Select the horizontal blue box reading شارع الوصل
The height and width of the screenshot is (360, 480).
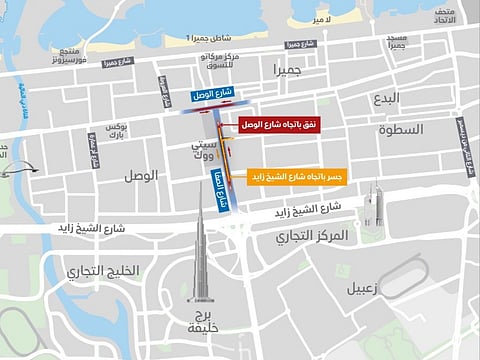tap(211, 95)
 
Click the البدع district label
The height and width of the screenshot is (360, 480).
tap(386, 99)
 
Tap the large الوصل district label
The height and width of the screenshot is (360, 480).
tap(141, 175)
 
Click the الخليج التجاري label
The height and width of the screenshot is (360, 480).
tap(102, 272)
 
